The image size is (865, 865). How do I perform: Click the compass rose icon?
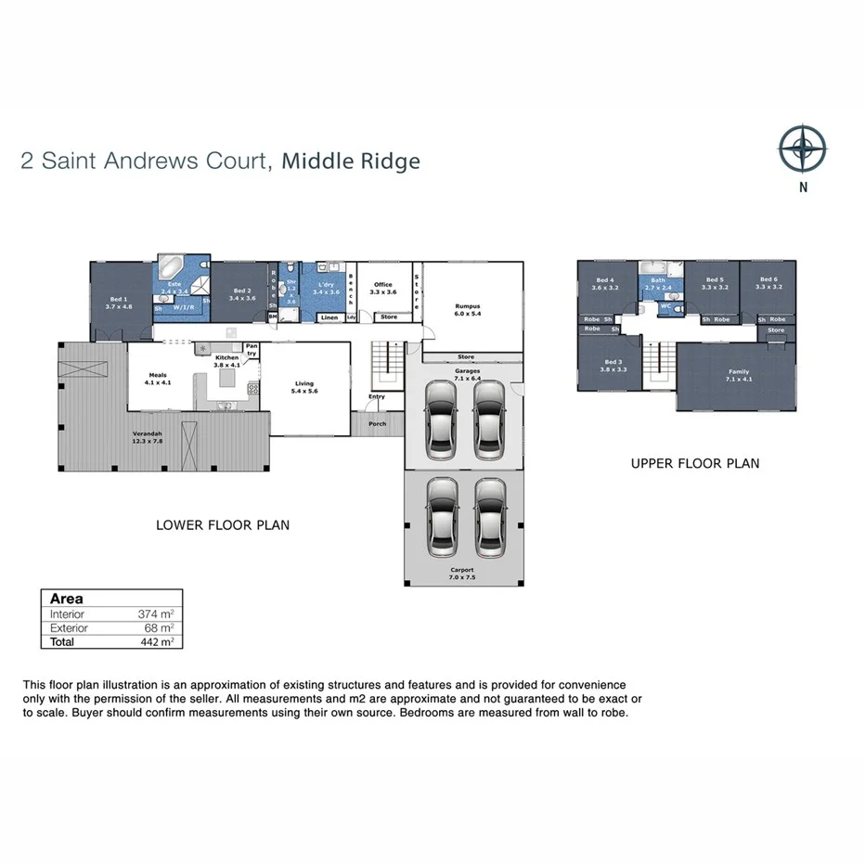(803, 148)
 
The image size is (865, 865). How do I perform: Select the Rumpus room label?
(468, 309)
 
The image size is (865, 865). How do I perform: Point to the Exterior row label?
(69, 627)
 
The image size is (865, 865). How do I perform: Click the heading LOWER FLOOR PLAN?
(223, 525)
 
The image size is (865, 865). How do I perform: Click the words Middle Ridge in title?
(351, 161)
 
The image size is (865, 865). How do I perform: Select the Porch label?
(377, 424)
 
